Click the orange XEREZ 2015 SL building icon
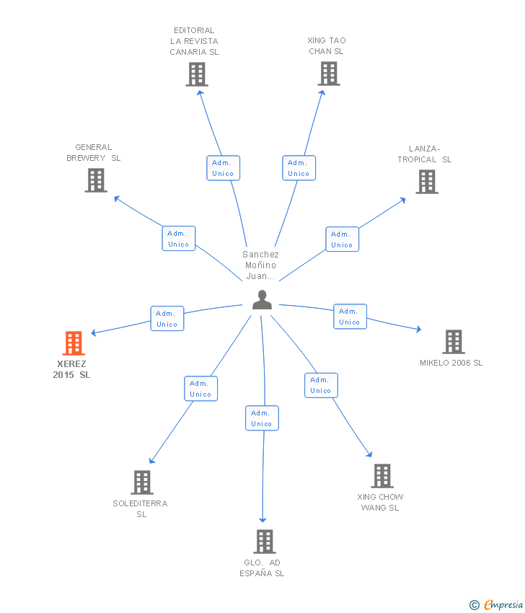[73, 343]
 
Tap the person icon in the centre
[262, 300]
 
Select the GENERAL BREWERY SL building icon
[96, 180]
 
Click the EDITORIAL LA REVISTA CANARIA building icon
[197, 74]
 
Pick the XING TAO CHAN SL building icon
[329, 74]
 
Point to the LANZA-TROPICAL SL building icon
[427, 182]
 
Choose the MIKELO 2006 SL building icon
[453, 342]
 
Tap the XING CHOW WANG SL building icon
[382, 476]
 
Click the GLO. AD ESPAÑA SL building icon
[265, 542]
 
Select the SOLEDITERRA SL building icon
[142, 482]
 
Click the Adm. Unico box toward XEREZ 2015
[167, 318]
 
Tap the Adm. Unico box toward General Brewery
[178, 238]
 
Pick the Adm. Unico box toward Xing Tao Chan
[299, 167]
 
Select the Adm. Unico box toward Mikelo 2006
[350, 317]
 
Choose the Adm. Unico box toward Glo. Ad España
[262, 418]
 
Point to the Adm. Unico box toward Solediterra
[200, 389]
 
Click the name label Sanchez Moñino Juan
[260, 265]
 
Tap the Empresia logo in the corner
[497, 604]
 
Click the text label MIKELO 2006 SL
[451, 363]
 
